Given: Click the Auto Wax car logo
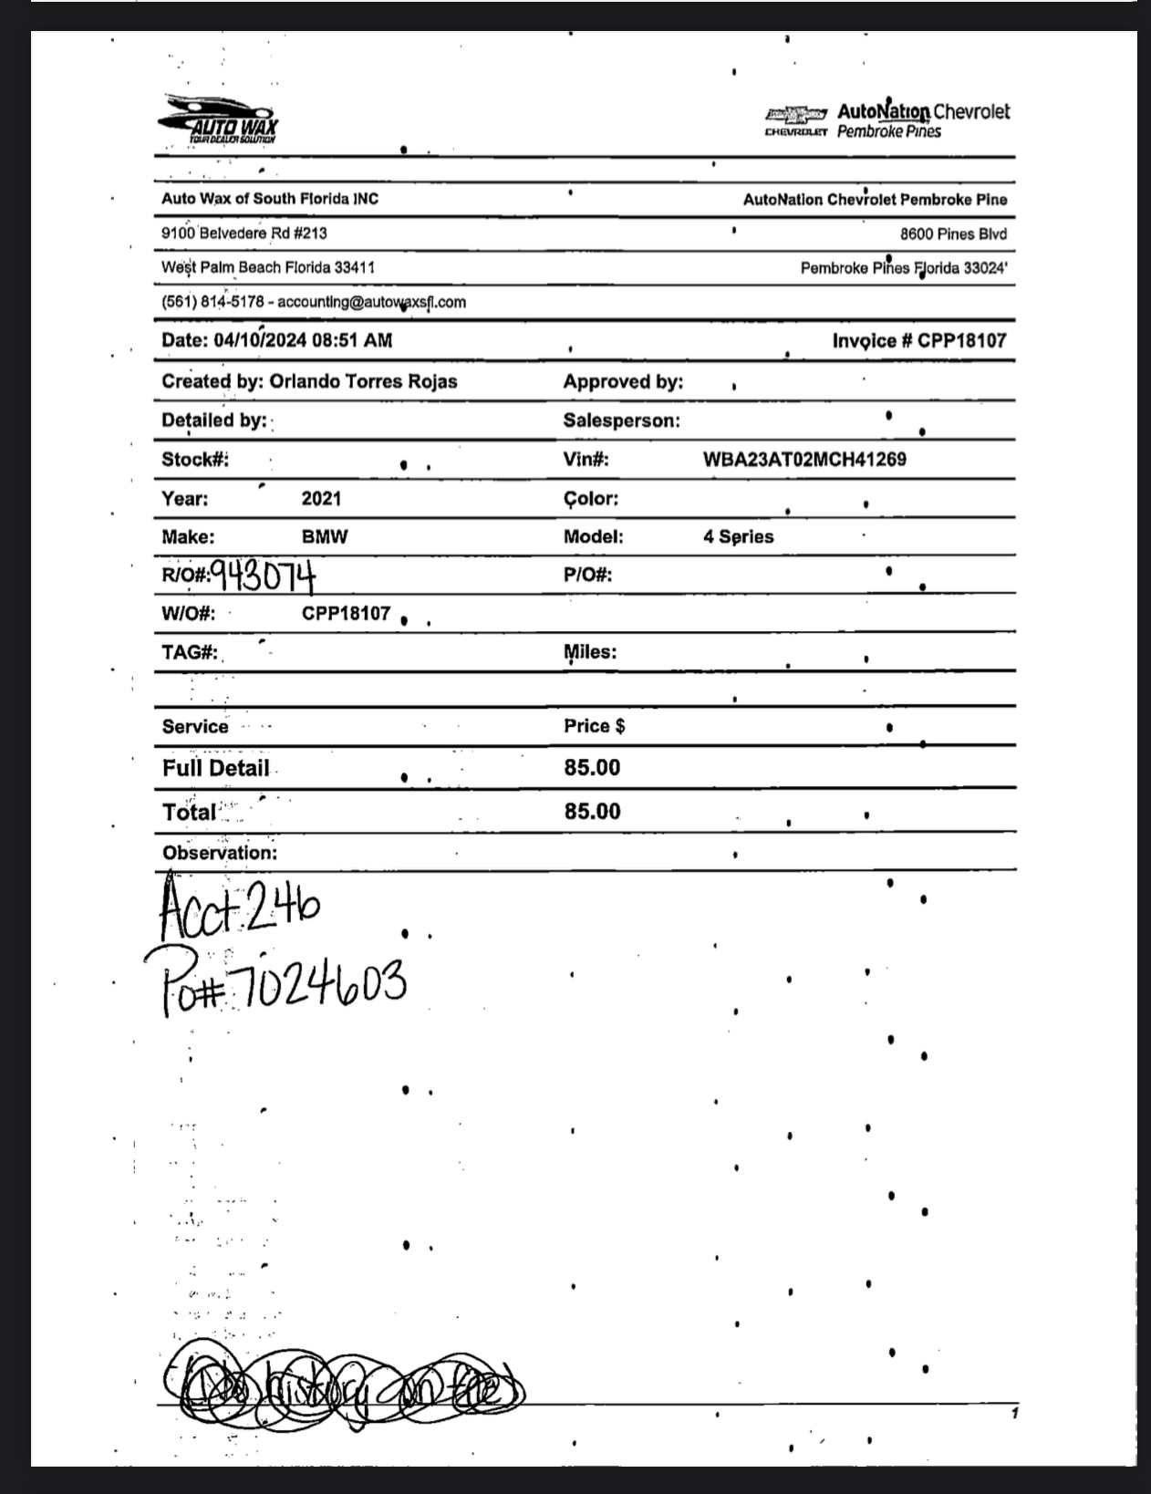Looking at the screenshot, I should [219, 119].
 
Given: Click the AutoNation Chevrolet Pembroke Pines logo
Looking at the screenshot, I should [887, 120].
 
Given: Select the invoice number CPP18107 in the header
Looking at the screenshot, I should [961, 340].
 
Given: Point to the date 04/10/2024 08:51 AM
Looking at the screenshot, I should [303, 340].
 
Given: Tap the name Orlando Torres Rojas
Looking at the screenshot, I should [363, 381].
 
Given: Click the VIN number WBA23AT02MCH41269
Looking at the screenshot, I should [804, 459].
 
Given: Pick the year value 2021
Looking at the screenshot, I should [321, 498].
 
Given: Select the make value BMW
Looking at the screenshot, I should [325, 536].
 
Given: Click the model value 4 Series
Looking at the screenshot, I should [738, 536].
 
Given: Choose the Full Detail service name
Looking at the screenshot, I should [216, 768].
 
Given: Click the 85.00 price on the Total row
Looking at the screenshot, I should [592, 811].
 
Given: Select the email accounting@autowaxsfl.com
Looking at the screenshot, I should [371, 302].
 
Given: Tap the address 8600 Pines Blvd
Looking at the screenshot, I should [953, 233].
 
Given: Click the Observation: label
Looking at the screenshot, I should [220, 853].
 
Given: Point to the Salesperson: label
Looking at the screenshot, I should [621, 420].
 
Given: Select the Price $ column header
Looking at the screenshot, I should [594, 726].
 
